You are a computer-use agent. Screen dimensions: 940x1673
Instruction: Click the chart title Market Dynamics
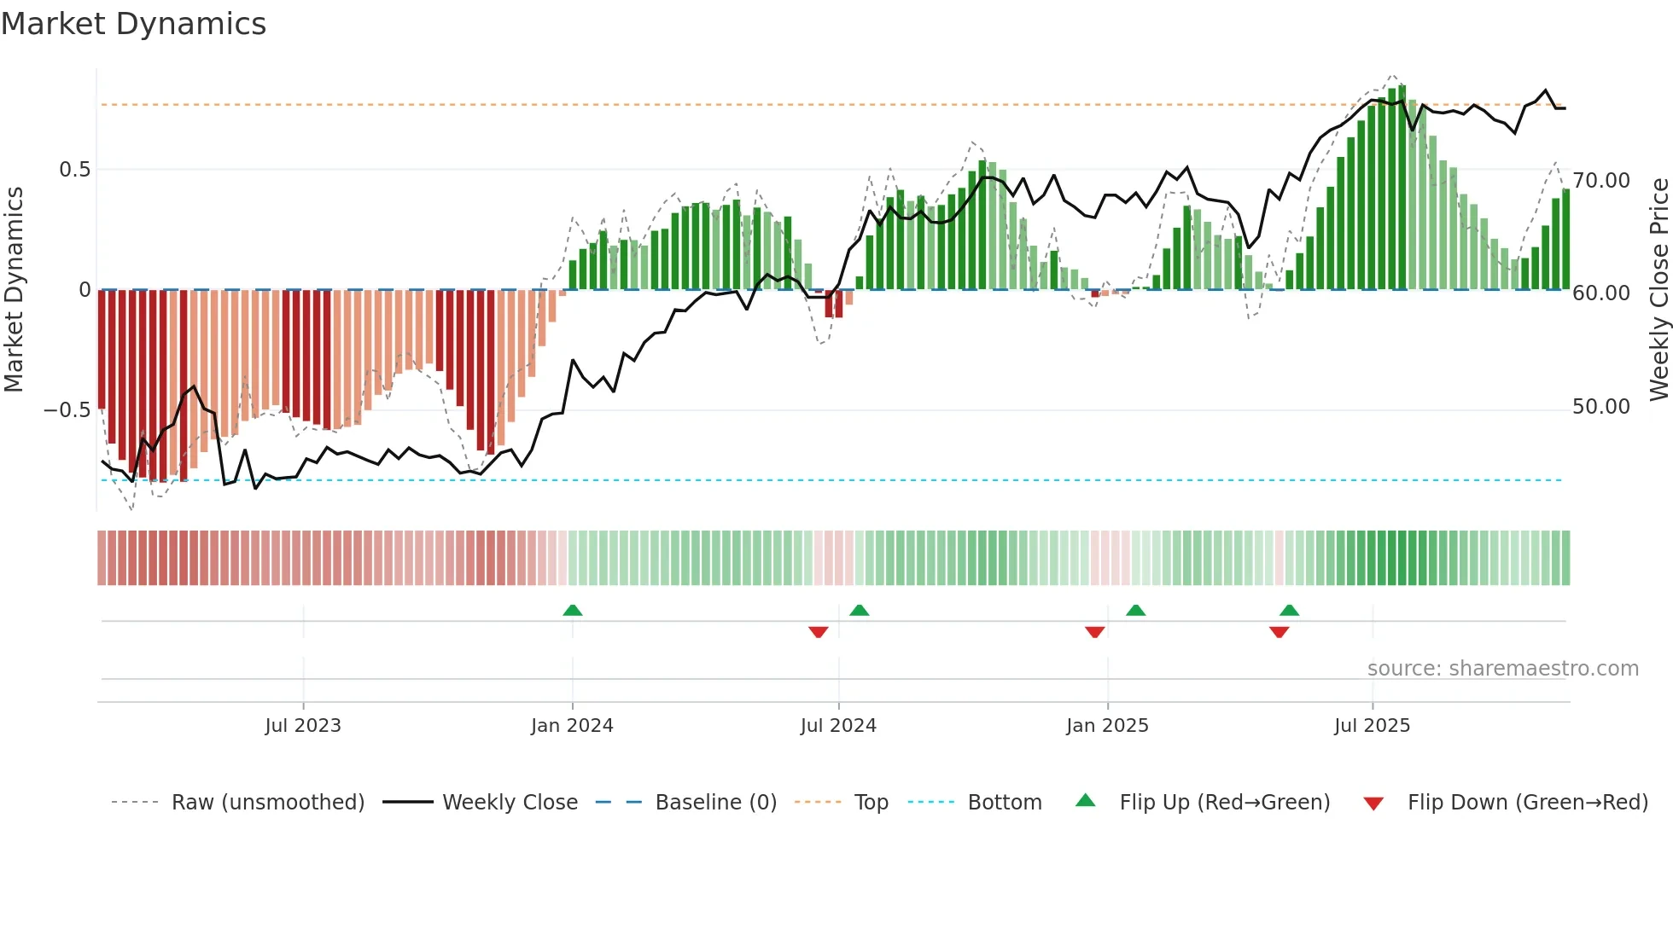pos(133,24)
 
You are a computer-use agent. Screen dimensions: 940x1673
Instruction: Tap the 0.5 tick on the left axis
pos(74,170)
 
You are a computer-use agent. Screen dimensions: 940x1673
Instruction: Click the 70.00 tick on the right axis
pos(1601,181)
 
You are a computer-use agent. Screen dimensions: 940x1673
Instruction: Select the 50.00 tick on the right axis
pos(1601,407)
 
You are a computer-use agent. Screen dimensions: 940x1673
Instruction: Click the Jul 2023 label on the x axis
pos(303,726)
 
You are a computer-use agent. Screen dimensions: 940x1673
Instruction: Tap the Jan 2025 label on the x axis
pos(1107,726)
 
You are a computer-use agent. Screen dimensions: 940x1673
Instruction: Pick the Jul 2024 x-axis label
pos(838,726)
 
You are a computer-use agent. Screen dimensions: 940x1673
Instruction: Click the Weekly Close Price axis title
pos(1658,289)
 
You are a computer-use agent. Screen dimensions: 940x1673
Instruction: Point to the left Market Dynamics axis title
pos(14,289)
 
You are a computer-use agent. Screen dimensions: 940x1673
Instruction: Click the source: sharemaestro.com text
pos(1502,669)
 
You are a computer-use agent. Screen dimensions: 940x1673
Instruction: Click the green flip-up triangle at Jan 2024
pos(573,611)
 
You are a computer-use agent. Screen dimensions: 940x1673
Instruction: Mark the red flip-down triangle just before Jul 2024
pos(818,632)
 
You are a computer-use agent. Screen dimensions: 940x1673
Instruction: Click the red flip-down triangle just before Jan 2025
pos(1095,632)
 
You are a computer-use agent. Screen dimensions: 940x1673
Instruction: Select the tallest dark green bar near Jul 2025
pos(1402,188)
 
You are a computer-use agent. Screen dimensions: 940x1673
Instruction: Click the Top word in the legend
pos(871,803)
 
